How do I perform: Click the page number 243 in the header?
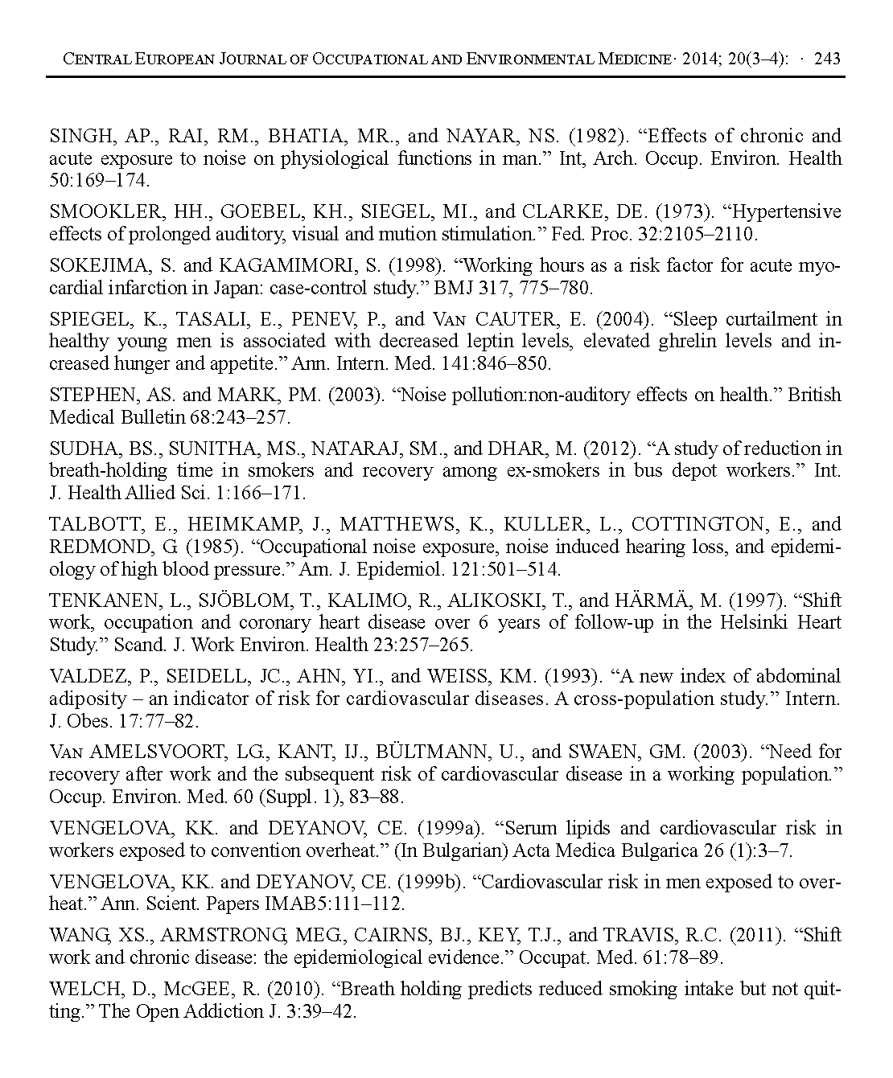pyautogui.click(x=827, y=59)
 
